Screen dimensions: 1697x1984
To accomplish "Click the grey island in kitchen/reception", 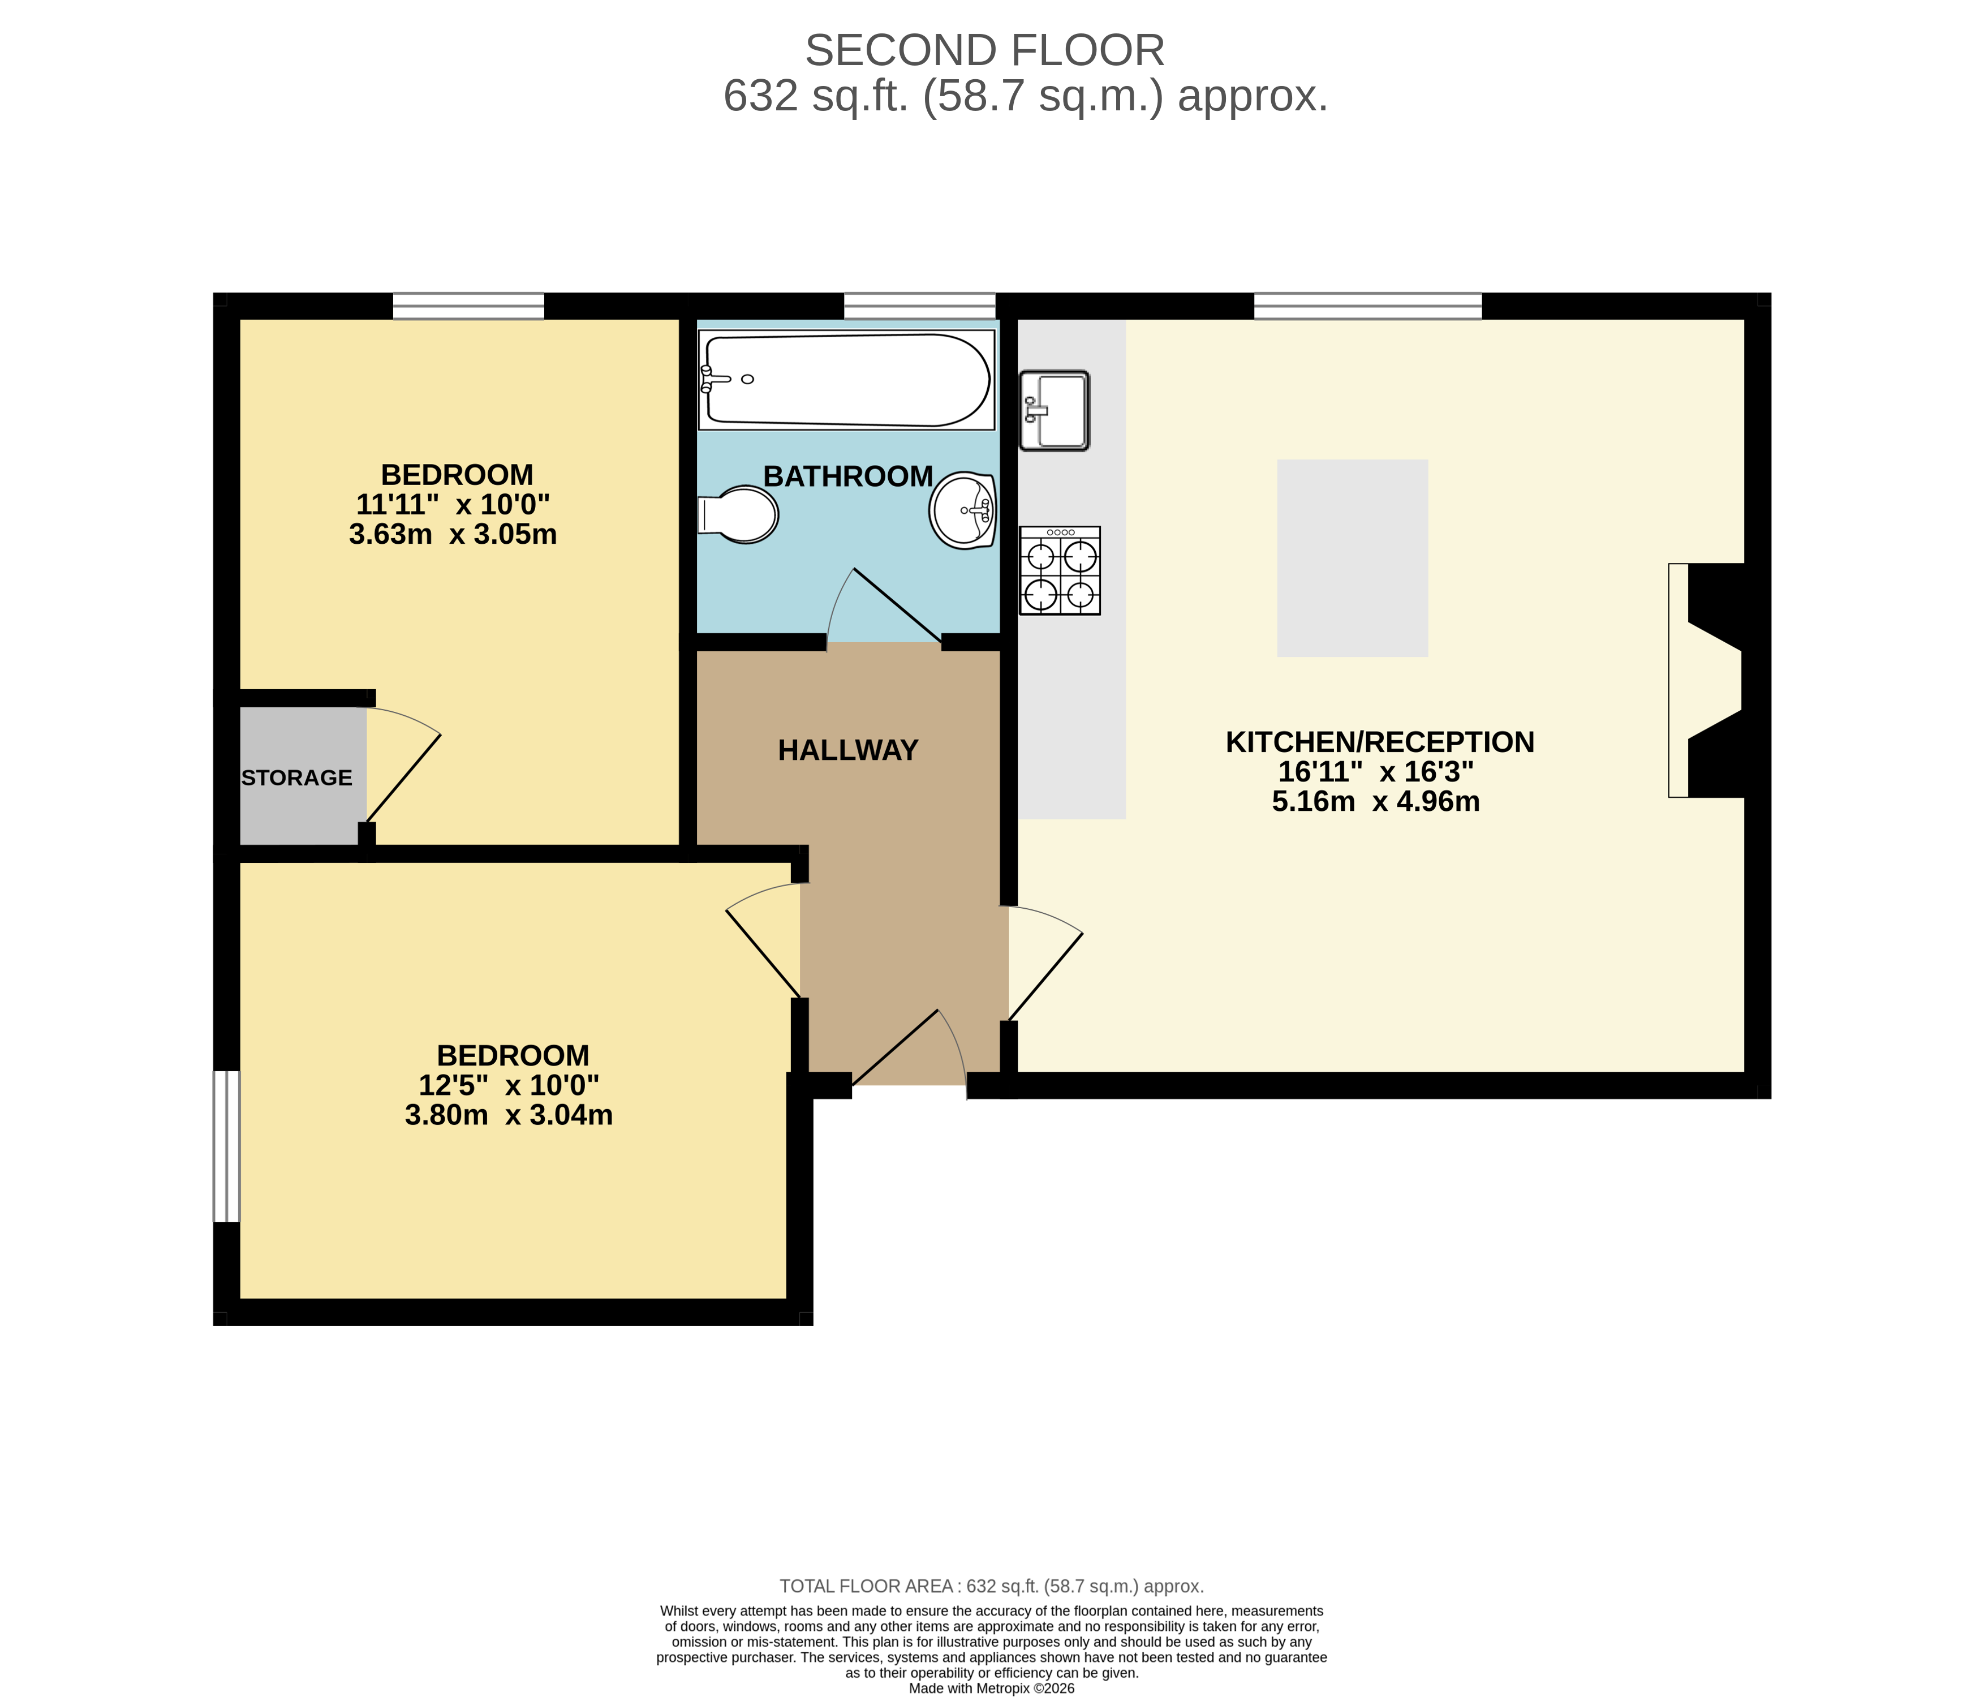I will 1352,558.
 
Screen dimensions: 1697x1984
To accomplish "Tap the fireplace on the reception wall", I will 1709,680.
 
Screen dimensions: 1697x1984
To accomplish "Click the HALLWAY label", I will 847,750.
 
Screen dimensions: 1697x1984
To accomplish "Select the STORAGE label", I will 297,777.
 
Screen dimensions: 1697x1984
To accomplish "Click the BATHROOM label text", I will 847,476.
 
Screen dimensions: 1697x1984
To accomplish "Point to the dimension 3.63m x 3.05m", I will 453,534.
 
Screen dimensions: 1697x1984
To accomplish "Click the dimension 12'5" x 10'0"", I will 509,1085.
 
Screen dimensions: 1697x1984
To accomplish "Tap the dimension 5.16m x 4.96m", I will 1376,802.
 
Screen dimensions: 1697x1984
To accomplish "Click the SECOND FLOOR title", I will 984,51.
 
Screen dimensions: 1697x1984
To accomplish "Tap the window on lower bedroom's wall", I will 226,1146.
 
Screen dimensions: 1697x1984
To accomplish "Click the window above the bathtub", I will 919,306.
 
